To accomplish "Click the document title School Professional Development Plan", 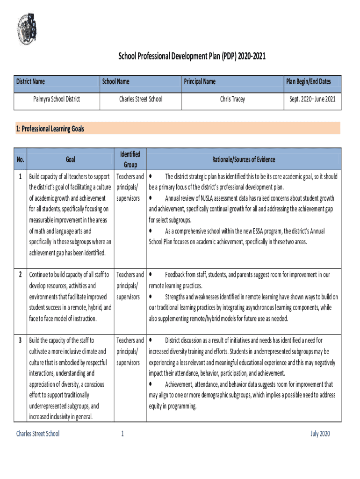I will [x=193, y=57].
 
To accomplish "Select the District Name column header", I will [x=31, y=81].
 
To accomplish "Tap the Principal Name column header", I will [x=200, y=81].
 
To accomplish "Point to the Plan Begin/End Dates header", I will [x=309, y=81].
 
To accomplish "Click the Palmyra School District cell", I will [x=57, y=99].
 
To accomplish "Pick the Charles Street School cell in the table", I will [x=141, y=99].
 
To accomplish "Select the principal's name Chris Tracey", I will [x=232, y=99].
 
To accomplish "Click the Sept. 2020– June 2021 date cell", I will [x=312, y=99].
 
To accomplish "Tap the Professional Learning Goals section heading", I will [x=50, y=129].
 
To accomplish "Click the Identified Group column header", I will [x=130, y=160].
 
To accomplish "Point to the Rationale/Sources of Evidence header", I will [x=244, y=160].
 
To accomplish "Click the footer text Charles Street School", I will [x=38, y=434].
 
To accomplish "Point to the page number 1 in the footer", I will [x=122, y=434].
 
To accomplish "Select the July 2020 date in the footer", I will [x=320, y=434].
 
